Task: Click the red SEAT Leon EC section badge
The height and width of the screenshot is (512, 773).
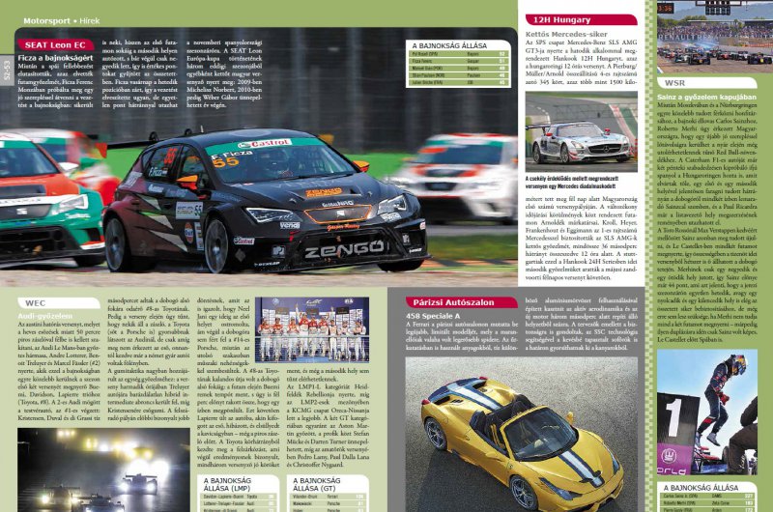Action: coord(55,44)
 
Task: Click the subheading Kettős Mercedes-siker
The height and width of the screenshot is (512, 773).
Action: coord(566,33)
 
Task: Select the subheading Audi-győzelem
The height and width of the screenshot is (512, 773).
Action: coord(48,314)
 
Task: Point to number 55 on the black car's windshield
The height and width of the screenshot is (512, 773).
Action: coord(225,161)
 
